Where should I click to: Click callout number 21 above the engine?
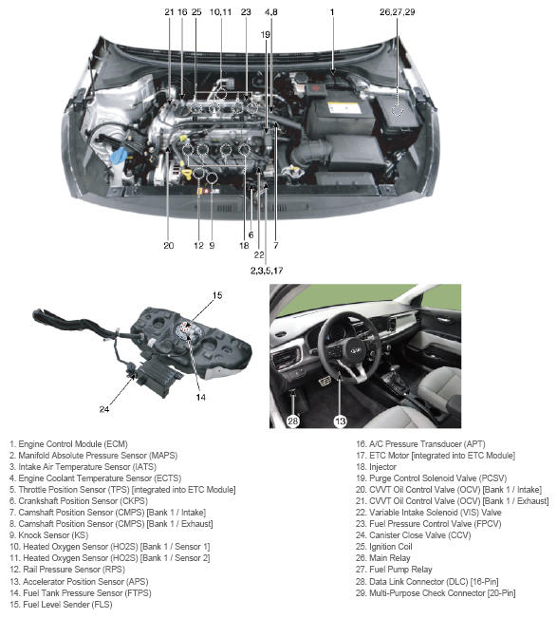point(169,12)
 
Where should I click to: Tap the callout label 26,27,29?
point(397,12)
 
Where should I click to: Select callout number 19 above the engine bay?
point(265,35)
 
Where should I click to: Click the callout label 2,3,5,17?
point(267,271)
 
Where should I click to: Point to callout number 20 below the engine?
point(169,246)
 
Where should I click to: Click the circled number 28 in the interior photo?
point(292,421)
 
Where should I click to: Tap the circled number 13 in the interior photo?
point(340,421)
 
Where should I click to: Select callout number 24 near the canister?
point(104,409)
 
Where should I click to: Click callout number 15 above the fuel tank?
point(217,295)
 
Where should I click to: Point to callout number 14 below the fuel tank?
point(200,397)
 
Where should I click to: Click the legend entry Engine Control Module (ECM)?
point(68,444)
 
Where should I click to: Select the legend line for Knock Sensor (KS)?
point(48,535)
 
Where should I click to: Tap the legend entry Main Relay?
point(383,558)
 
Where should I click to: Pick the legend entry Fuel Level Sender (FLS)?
point(61,604)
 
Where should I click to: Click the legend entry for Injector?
point(376,467)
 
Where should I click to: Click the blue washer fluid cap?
point(120,155)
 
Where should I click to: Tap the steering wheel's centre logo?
point(355,350)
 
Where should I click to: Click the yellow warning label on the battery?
point(343,107)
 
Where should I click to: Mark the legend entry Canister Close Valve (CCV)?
point(413,535)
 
